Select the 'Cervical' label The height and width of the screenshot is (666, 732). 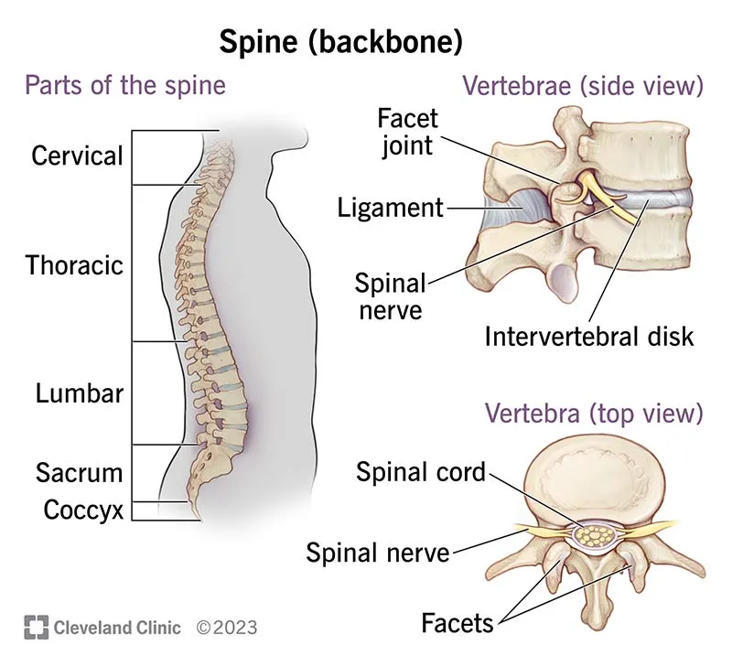77,156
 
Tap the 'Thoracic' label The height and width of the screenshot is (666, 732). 74,265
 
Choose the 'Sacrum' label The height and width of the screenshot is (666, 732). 80,473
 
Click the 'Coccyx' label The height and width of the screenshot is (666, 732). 83,510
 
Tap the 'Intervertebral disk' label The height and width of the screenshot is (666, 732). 590,336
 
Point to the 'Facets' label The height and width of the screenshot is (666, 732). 457,623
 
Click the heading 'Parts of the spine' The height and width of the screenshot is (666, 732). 125,87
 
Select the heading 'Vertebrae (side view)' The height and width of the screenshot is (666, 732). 583,87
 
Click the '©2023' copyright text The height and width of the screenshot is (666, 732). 227,628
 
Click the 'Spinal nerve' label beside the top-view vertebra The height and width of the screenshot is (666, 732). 378,552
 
